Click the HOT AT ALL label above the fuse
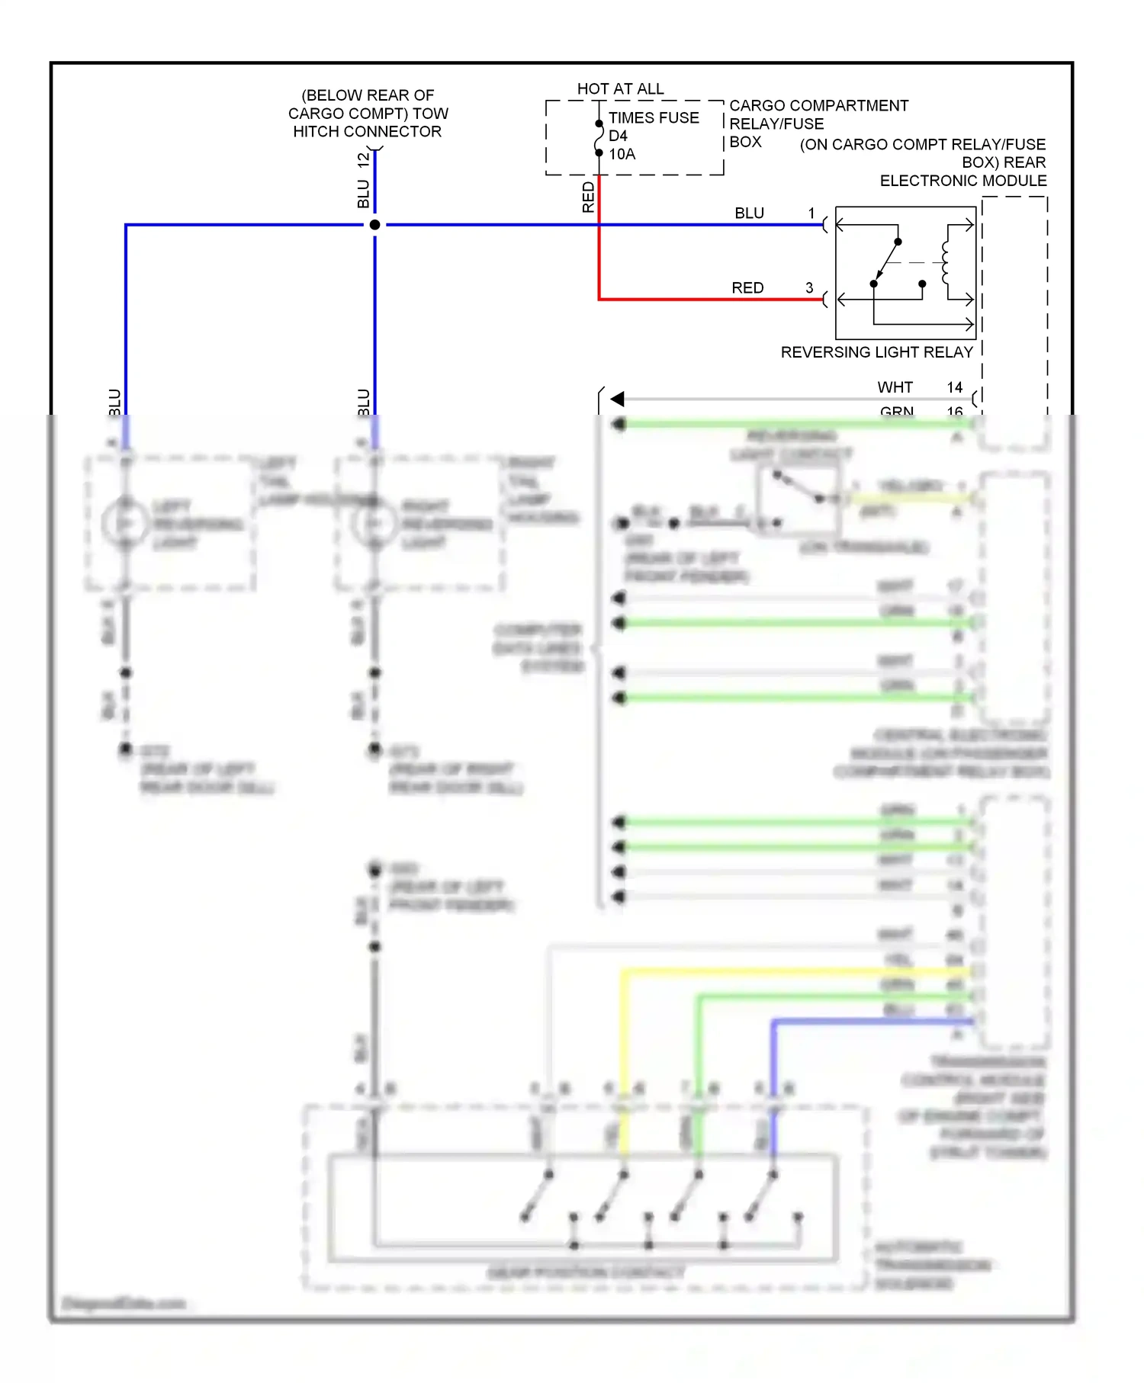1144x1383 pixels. [620, 88]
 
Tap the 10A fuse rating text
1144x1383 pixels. [622, 154]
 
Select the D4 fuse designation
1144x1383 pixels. [618, 136]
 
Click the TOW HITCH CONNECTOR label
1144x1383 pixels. [368, 114]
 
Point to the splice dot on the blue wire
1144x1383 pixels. [374, 225]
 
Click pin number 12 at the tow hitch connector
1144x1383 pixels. [364, 160]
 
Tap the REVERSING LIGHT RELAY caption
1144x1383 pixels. [876, 352]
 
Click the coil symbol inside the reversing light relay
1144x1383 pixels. [946, 263]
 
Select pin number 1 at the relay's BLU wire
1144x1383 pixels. [811, 213]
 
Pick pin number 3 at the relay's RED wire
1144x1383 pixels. [809, 288]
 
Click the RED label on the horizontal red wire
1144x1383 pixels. [747, 288]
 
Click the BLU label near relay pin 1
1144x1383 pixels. [749, 213]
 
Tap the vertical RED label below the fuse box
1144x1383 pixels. [588, 197]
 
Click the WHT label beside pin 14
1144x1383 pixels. [895, 387]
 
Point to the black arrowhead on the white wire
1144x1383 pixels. [618, 399]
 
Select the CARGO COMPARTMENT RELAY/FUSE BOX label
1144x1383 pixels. [818, 123]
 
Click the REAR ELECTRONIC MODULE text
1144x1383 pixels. [962, 172]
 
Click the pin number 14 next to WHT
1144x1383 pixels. [954, 387]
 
